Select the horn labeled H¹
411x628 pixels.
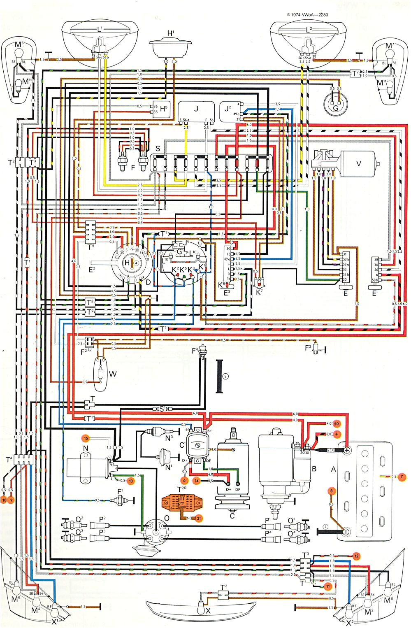point(170,47)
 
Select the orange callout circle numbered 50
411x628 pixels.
point(336,423)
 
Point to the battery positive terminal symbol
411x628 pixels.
point(346,450)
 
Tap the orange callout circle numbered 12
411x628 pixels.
point(356,556)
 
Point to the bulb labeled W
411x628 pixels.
point(100,374)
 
